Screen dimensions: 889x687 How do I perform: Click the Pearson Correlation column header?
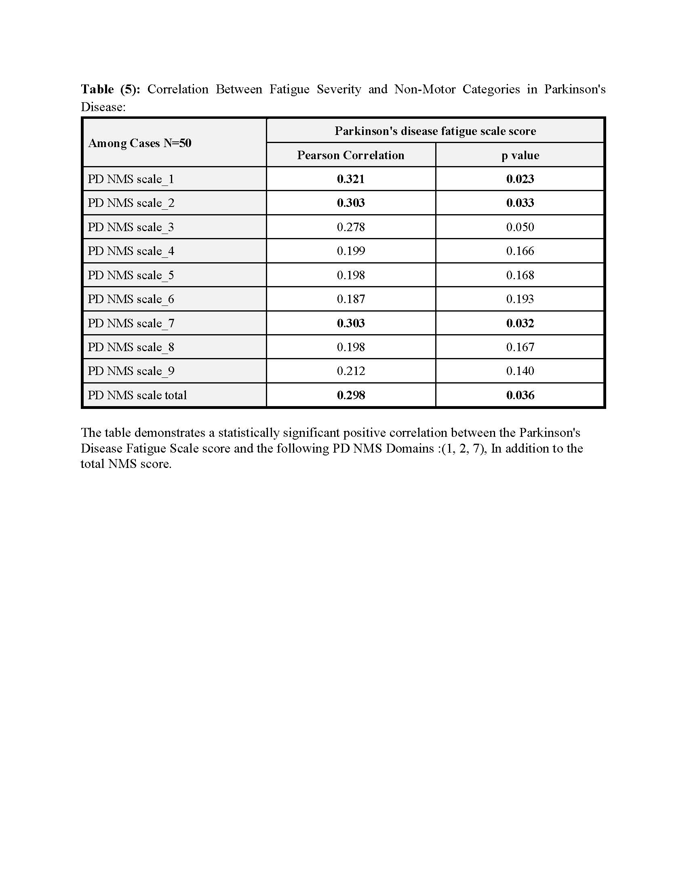point(350,155)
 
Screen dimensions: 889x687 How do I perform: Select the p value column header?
point(520,155)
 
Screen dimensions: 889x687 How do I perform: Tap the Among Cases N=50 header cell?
point(139,143)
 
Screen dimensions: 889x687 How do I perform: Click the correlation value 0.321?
point(350,179)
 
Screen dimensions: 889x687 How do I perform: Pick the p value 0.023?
point(520,179)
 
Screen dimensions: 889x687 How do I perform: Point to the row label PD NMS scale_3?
point(131,227)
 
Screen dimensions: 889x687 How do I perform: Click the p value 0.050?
point(520,227)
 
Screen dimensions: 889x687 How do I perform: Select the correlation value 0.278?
point(350,227)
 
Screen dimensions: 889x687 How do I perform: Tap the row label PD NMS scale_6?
point(131,299)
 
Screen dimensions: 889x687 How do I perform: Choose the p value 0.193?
point(520,299)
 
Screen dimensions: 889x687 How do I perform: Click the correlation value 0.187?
point(350,299)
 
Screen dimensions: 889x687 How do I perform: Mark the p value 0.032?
point(520,323)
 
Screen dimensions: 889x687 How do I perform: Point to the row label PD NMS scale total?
point(137,395)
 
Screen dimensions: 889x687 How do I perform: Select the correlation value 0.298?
point(350,395)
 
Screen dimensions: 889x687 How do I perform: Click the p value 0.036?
point(520,395)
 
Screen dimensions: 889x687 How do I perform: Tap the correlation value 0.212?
point(350,371)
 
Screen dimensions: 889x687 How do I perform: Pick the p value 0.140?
point(520,371)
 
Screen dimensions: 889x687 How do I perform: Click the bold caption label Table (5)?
point(110,89)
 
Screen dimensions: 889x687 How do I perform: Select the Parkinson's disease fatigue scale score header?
point(435,131)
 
